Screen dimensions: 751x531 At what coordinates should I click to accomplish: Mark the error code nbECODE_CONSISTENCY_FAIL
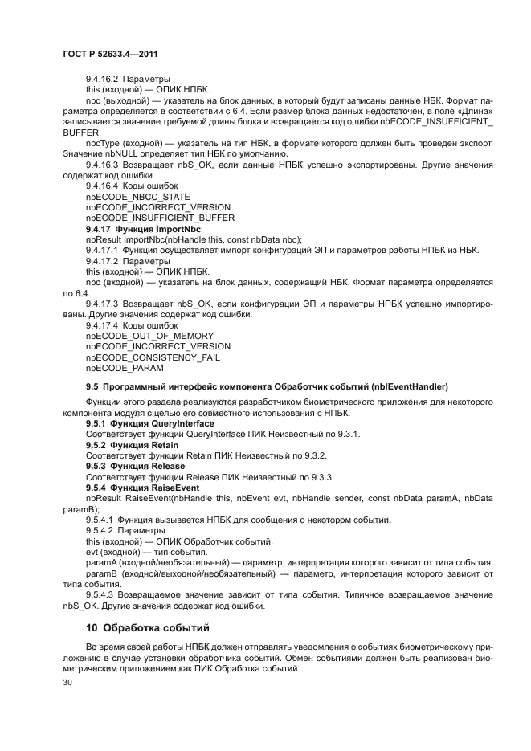tap(153, 357)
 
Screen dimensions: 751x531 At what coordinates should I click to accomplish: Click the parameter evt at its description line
tap(92, 552)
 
